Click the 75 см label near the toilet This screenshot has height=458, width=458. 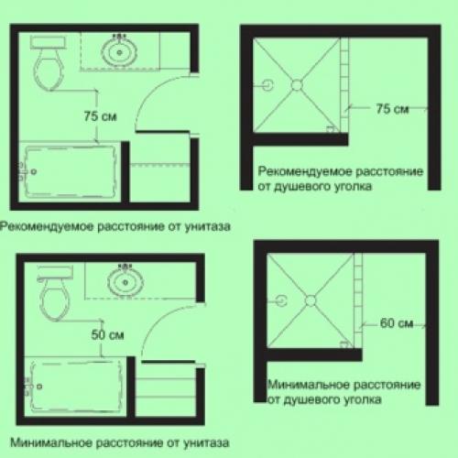101,116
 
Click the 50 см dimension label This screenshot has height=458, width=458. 107,335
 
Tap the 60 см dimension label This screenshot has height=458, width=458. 397,323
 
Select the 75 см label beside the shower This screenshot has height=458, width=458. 392,109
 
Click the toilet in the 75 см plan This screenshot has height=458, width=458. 48,63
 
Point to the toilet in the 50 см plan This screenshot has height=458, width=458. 55,293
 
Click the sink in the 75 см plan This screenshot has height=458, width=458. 119,51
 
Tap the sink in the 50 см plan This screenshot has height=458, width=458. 125,281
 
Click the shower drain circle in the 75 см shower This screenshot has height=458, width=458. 297,85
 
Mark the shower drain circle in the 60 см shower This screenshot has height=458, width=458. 311,300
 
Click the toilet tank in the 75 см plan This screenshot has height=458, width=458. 48,42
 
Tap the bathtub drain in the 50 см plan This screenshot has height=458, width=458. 39,387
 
